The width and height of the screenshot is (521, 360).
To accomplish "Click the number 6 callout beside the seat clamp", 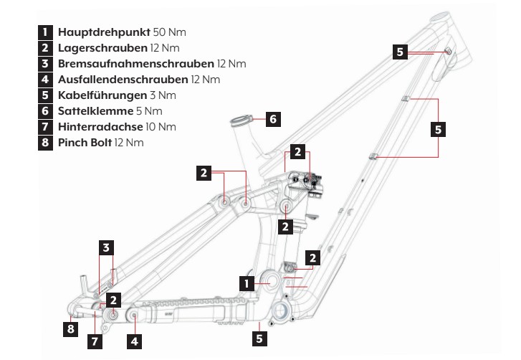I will tap(272, 119).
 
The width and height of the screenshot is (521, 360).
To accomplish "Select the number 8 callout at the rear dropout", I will tap(70, 329).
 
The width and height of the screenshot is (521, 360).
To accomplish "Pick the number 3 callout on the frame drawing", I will tap(105, 248).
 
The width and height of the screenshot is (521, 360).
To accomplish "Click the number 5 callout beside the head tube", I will tap(401, 51).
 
